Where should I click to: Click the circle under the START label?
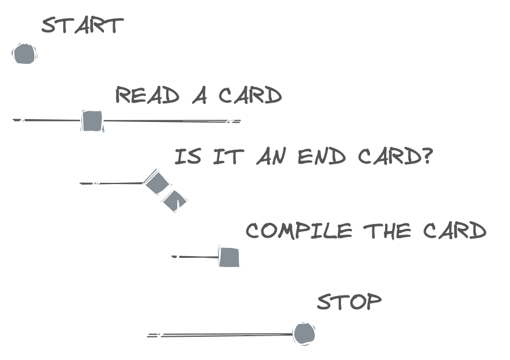tap(24, 54)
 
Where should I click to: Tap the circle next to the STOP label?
tap(304, 333)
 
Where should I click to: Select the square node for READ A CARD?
tap(92, 121)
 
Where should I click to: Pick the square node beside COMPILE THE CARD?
tap(229, 257)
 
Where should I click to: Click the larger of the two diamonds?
tap(157, 183)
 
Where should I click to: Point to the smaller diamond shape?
tap(175, 201)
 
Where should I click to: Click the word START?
tap(82, 26)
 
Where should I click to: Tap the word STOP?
tap(349, 302)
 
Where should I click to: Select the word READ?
tap(148, 95)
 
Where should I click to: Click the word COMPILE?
tap(299, 231)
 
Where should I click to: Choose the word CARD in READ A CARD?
tap(250, 95)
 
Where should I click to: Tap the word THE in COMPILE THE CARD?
tap(387, 231)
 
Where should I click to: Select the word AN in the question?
tap(272, 157)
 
